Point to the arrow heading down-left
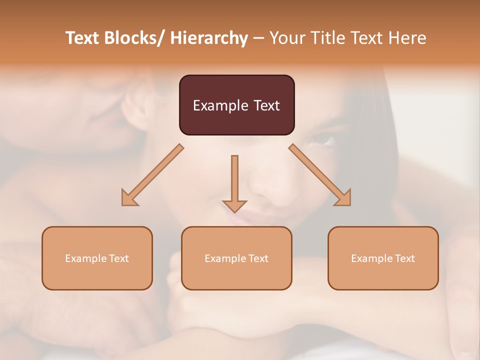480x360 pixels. click(152, 175)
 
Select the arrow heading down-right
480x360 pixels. click(320, 175)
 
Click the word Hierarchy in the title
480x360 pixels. click(209, 38)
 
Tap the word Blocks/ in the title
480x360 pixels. click(136, 38)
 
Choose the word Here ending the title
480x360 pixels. click(407, 38)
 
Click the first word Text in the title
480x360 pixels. click(83, 38)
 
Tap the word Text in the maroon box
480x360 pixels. click(265, 105)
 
